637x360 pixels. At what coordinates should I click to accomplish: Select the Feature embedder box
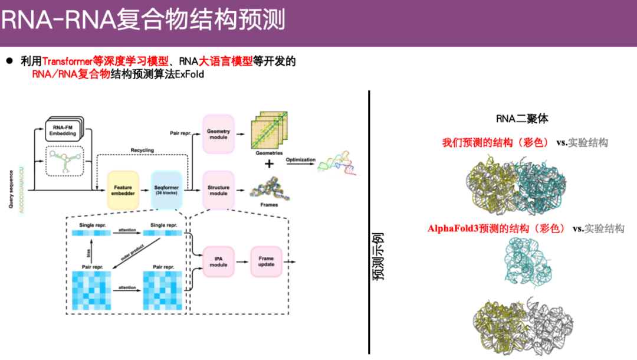tap(123, 190)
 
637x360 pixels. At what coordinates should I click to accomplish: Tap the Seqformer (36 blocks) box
tap(166, 190)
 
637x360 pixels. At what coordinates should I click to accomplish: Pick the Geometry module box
tap(218, 133)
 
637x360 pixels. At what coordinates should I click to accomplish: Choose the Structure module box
tap(218, 190)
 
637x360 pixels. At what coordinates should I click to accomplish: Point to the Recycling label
tap(142, 150)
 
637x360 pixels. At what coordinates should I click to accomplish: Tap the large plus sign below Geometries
tap(269, 163)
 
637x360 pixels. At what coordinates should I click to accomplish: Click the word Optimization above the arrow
tap(300, 160)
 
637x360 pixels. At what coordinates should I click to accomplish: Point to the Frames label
tap(269, 205)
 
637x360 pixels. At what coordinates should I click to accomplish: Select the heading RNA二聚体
tap(522, 119)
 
